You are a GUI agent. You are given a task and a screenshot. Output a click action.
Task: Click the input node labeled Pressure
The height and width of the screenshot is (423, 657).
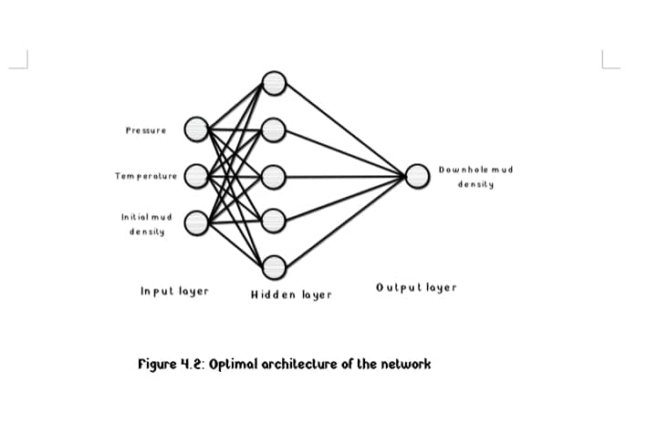[x=196, y=129]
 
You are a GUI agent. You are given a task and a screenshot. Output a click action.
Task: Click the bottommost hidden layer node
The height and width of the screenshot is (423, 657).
[x=275, y=268]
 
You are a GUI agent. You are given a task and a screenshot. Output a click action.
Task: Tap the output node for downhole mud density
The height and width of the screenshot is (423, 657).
[x=417, y=176]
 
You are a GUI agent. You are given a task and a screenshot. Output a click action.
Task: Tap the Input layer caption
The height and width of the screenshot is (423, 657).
[x=174, y=292]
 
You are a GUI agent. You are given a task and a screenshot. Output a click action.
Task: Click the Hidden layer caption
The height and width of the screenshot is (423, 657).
[x=291, y=295]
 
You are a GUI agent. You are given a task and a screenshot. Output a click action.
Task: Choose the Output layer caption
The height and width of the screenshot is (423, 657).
[x=415, y=288]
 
